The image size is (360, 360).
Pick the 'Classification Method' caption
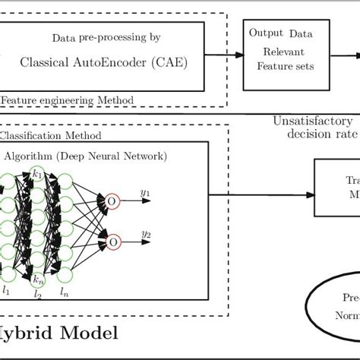52,135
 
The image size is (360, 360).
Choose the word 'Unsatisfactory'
312,122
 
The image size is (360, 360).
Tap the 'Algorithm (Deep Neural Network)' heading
86,156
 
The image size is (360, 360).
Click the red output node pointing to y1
113,201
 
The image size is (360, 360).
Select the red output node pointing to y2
113,242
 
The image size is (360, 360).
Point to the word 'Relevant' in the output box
278,53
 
